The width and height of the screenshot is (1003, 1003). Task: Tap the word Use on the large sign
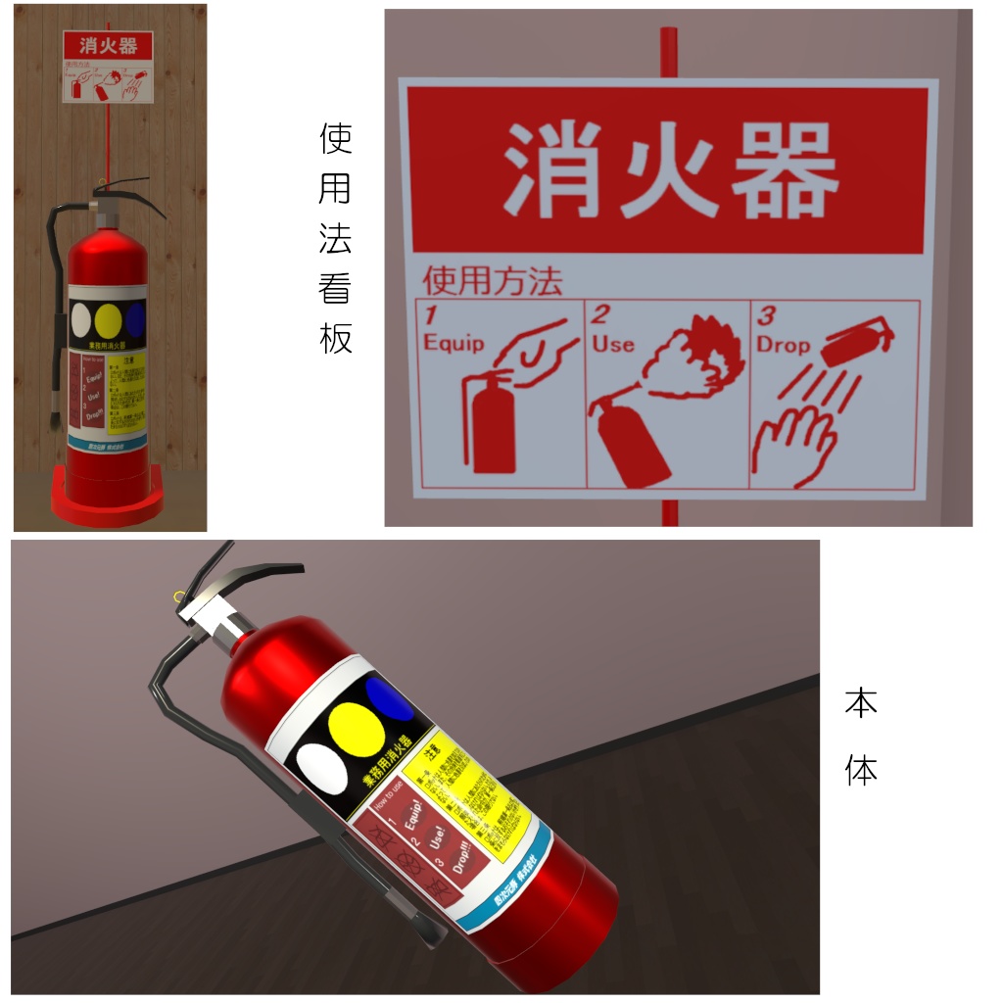point(613,344)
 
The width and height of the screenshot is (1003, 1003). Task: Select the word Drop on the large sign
point(783,345)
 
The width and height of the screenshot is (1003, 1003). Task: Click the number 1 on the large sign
point(429,315)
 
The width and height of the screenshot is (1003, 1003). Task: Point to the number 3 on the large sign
point(768,315)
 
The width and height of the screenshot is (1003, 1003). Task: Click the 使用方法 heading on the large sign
point(492,282)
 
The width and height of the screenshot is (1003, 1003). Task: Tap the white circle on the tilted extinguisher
point(321,770)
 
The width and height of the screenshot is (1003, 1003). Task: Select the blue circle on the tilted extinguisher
point(391,697)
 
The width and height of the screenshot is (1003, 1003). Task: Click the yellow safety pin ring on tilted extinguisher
point(177,596)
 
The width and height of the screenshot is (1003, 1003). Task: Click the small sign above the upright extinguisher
point(108,67)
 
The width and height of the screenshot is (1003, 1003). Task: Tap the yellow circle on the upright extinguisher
point(109,318)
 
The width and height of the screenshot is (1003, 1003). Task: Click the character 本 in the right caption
point(861,703)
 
